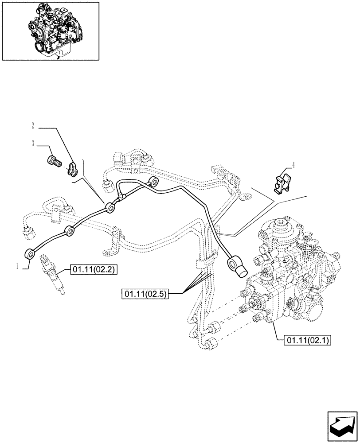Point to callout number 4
coord(293,165)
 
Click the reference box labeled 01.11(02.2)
coord(92,269)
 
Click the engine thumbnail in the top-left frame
coord(50,31)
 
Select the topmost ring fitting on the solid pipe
coord(154,181)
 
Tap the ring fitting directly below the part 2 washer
coord(110,206)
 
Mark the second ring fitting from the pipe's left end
coord(70,230)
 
